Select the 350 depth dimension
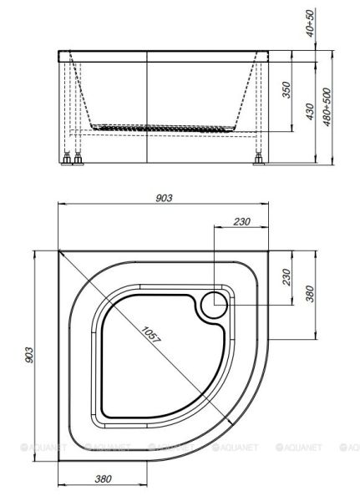point(286,90)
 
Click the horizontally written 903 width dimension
point(164,197)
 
